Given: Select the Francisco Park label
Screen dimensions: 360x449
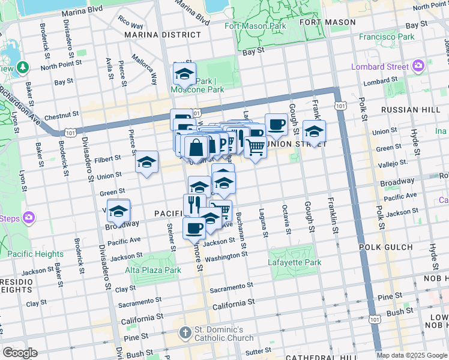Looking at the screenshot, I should pos(387,37).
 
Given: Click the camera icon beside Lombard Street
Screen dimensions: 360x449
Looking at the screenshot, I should pos(419,66).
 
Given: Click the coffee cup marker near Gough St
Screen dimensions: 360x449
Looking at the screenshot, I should pos(276,125).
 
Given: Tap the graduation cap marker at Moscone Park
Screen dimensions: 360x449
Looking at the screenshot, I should pos(184,74).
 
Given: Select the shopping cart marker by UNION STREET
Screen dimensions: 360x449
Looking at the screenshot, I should pos(256,146).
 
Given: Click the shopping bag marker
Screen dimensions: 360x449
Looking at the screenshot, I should pos(196,146).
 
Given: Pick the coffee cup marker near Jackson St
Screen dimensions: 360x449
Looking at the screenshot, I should pos(194,228).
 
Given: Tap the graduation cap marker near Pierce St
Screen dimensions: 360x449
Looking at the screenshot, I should pos(146,163).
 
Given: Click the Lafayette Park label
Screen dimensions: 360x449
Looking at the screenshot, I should pos(295,262).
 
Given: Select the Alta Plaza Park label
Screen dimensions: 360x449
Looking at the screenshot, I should pos(153,270).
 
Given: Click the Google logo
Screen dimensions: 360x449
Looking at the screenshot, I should pos(20,353).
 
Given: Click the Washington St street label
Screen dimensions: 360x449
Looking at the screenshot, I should pos(226,257).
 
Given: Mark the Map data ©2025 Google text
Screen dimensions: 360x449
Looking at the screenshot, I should pos(412,355).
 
